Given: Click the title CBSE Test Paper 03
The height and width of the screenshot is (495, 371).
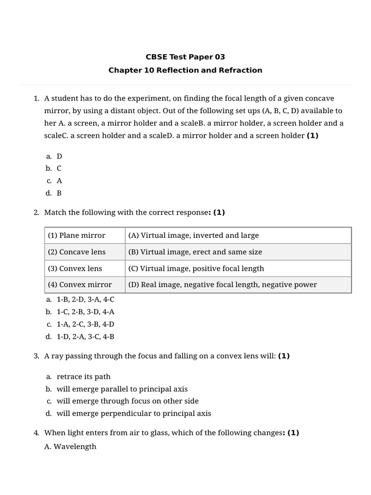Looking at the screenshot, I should coord(185,57).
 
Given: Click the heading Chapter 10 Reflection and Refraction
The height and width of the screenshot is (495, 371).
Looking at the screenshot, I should coord(185,70).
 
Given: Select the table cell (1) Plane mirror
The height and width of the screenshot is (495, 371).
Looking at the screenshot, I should coord(76,235).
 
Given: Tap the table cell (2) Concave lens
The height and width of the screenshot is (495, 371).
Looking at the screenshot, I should coord(76,252).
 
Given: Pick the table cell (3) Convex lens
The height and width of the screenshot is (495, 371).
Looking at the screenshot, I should coord(75,268).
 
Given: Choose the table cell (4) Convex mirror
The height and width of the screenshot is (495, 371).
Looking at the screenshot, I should coord(80,285).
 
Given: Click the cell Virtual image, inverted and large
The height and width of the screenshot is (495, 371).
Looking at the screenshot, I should coord(194,235).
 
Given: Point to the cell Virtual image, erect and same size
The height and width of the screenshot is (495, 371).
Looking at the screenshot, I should coord(195,252).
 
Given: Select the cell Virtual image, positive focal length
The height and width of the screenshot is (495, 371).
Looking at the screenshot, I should coord(196,268).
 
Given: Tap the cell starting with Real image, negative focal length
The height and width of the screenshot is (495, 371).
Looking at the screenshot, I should coord(223,285).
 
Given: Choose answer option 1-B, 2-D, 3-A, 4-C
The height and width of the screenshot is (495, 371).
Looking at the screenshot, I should coord(85,300).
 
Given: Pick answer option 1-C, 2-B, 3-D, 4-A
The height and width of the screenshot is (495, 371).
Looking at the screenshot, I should coord(85,312).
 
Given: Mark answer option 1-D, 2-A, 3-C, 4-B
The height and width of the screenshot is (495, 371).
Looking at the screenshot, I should coord(85,336).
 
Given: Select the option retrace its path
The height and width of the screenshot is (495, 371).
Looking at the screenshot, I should coord(84,377).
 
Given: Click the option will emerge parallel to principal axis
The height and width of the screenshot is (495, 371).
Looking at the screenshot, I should coord(122,389).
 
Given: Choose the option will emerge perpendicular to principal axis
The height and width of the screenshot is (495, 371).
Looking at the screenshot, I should coord(134,413).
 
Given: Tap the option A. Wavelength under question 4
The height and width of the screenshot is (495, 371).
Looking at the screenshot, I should coord(70,446).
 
